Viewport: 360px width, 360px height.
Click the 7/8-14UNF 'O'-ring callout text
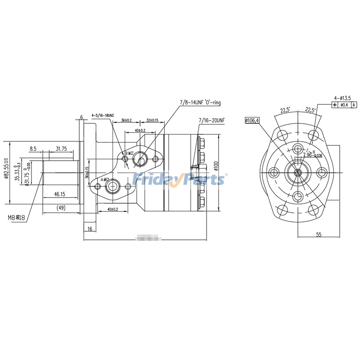(x=200, y=103)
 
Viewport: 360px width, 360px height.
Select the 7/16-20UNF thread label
(x=211, y=121)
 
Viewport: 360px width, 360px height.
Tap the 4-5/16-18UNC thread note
(x=103, y=115)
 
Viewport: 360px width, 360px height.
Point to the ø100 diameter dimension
(x=216, y=166)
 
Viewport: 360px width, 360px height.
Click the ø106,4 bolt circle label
(x=252, y=120)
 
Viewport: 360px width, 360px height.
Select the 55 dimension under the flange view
(x=319, y=234)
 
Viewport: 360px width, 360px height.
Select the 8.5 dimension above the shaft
(x=33, y=148)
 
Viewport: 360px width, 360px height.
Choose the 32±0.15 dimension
(x=152, y=121)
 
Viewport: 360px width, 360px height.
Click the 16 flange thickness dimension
(x=90, y=229)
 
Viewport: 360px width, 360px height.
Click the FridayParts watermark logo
(x=180, y=179)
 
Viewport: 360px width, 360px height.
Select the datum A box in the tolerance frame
(x=354, y=105)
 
